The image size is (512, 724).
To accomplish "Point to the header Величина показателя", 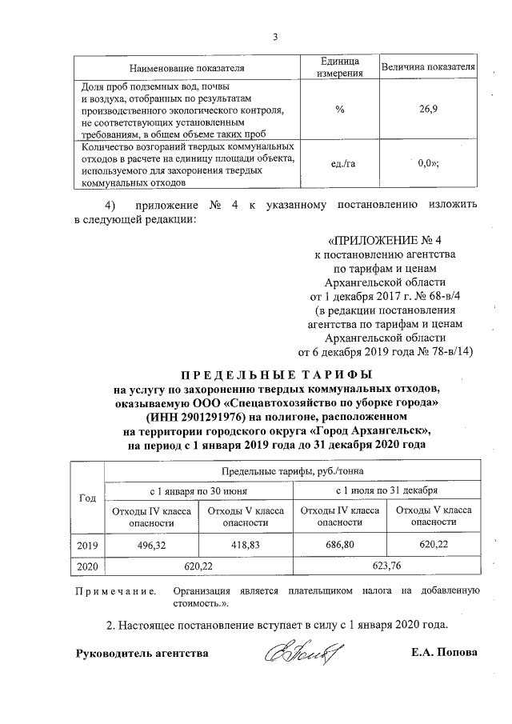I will click(428, 66).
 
